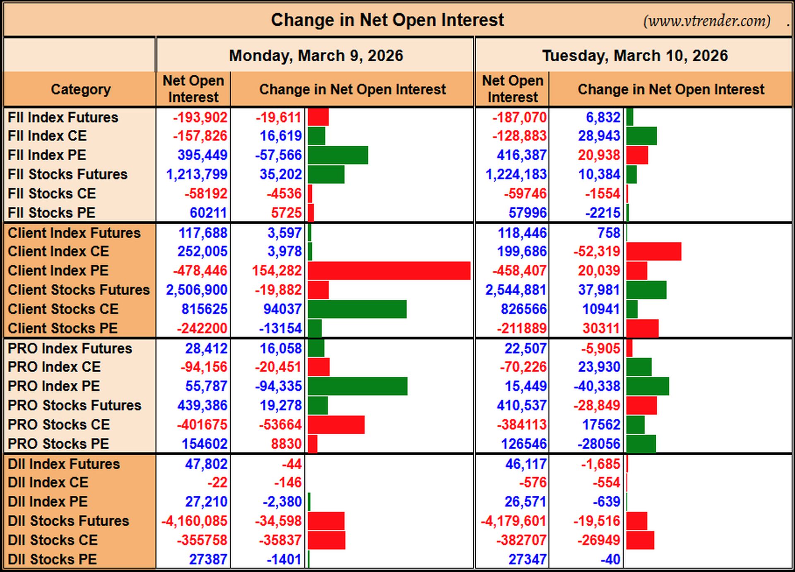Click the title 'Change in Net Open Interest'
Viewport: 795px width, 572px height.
[387, 20]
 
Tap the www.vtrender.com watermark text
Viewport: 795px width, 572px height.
[707, 21]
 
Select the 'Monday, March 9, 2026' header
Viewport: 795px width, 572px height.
[316, 56]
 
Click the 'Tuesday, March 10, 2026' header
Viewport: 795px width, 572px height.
[635, 56]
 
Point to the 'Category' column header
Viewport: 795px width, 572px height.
[81, 89]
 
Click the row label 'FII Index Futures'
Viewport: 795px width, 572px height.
[63, 117]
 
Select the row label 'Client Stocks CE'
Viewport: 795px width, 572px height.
[63, 309]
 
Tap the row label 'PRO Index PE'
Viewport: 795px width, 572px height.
[54, 386]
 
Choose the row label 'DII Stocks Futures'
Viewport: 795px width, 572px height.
[68, 521]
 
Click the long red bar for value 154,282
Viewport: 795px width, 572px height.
[389, 270]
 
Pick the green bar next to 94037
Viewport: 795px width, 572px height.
[357, 309]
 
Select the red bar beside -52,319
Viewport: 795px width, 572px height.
[654, 251]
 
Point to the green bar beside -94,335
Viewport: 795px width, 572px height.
[358, 386]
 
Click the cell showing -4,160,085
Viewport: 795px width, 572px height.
[194, 521]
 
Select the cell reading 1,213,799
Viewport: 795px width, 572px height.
[197, 174]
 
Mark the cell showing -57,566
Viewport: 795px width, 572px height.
[278, 155]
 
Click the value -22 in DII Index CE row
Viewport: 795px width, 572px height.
[217, 483]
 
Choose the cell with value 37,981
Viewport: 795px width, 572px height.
[599, 290]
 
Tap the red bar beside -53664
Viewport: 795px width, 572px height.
[336, 425]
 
